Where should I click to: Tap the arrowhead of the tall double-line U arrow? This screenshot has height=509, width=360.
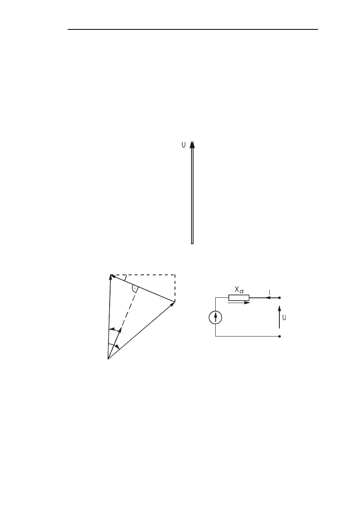192,144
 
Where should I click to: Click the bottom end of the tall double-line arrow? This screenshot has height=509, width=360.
192,243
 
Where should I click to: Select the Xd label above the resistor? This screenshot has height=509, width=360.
239,290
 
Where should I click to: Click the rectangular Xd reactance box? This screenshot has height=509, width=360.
239,298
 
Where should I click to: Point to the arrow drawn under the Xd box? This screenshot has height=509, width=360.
239,303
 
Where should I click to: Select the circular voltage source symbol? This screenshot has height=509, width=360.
216,318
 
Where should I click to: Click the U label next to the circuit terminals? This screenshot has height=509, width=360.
285,317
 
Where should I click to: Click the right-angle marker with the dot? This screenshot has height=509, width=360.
135,289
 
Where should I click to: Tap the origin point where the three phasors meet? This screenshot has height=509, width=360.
108,358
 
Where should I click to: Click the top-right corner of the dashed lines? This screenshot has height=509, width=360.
175,275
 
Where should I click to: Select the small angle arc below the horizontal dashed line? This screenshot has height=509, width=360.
126,278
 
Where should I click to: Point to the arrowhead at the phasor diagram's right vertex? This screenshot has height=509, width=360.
173,303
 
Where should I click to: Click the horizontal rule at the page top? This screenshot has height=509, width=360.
193,29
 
